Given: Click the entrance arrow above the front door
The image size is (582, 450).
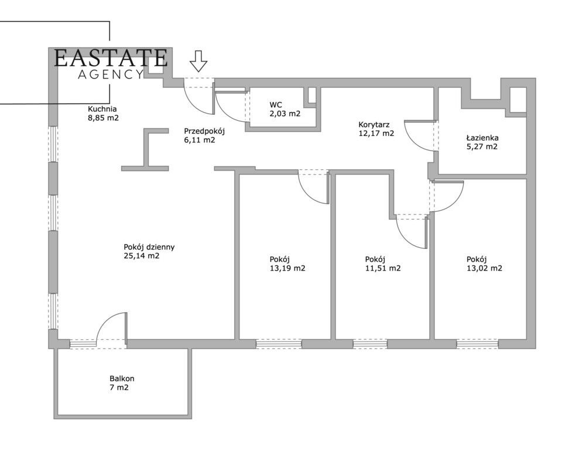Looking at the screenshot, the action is [198, 61].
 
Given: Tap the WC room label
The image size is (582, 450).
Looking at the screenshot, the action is [276, 105].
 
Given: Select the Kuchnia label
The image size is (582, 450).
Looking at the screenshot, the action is [102, 109].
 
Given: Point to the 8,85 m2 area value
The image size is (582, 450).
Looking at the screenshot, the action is [103, 118].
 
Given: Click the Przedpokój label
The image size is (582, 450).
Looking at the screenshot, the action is [204, 131].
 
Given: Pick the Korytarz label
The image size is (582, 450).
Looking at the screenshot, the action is [374, 124].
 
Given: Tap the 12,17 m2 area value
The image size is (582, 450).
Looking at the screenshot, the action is [376, 134].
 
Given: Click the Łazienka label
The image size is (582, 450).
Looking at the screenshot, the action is [482, 138].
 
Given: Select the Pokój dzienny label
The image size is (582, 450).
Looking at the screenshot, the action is [149, 247].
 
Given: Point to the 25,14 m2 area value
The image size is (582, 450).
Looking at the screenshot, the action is [142, 255].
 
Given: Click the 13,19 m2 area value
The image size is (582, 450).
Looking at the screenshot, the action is [287, 268].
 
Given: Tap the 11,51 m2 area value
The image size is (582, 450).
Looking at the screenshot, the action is [383, 268].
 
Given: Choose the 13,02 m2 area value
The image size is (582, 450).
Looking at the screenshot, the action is [484, 268].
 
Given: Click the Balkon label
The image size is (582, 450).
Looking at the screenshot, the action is [122, 379].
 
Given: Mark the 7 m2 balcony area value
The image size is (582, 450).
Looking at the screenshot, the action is [119, 387].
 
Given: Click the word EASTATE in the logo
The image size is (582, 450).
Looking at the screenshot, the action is [111, 58].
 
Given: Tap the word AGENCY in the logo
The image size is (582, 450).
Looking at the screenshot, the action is [111, 74].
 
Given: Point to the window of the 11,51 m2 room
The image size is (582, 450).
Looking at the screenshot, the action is [369, 344].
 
